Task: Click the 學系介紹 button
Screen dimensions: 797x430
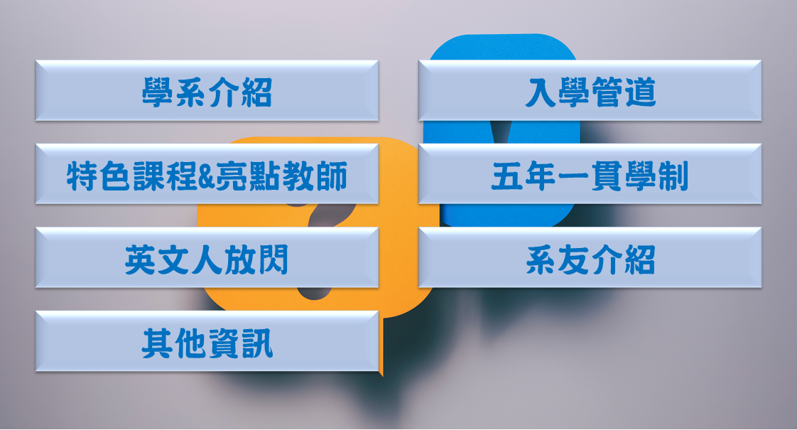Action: [x=207, y=90]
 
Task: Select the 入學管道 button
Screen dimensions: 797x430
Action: [x=590, y=90]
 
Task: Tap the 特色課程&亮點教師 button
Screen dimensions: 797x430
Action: [x=207, y=174]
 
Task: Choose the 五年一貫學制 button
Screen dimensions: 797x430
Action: [x=590, y=174]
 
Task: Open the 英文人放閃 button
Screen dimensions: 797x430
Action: [x=207, y=257]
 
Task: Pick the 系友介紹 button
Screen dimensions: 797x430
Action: [x=590, y=257]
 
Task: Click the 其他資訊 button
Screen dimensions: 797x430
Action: [x=207, y=341]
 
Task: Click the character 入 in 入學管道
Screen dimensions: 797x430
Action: [x=541, y=92]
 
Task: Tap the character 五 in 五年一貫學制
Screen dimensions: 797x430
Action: [x=507, y=176]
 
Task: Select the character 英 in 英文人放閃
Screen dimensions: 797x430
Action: [x=140, y=259]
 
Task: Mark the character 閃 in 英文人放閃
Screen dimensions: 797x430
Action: [x=273, y=259]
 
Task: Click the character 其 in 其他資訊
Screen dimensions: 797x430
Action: [x=157, y=343]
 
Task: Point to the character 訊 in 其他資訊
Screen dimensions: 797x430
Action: [x=257, y=343]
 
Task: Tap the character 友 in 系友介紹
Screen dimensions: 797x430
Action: [x=573, y=259]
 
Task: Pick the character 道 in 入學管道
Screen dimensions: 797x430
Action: [x=641, y=92]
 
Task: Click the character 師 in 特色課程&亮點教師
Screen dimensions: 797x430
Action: [x=332, y=176]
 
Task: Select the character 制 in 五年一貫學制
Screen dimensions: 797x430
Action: [x=673, y=176]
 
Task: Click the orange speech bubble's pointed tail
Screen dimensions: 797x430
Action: [x=381, y=374]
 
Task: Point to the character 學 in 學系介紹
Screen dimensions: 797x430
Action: [x=157, y=92]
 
